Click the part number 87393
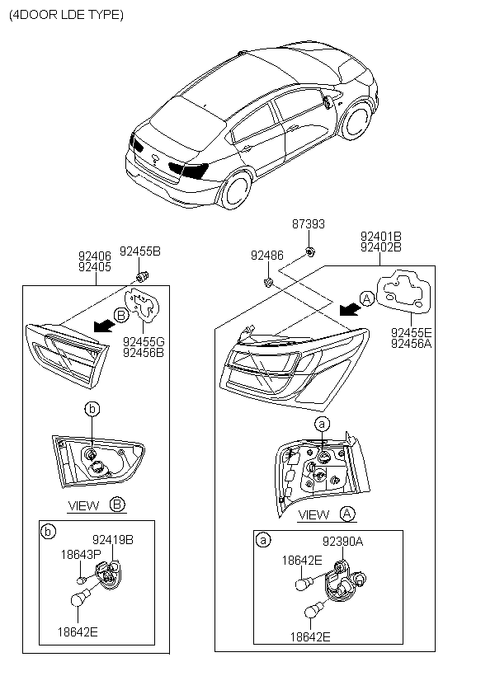click(309, 224)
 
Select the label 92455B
click(140, 251)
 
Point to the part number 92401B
click(380, 235)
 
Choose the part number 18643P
click(80, 555)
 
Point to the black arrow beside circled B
click(103, 325)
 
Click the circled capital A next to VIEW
click(347, 514)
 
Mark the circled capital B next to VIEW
click(117, 505)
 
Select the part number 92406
click(95, 256)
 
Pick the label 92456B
click(144, 353)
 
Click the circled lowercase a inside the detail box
click(263, 541)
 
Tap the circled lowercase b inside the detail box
click(48, 532)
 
